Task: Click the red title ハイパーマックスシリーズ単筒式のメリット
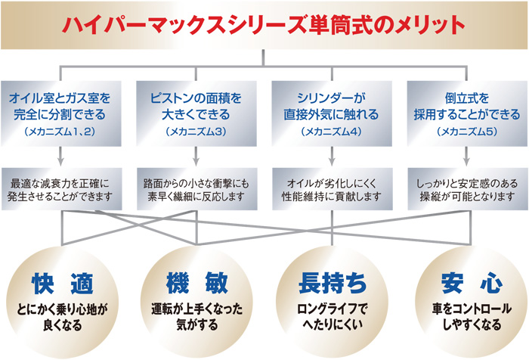(x=264, y=25)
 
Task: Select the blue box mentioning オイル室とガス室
(x=60, y=113)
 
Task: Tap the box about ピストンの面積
(x=196, y=113)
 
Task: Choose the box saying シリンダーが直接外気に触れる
(x=332, y=113)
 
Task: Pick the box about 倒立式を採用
(x=467, y=113)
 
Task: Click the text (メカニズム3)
(x=196, y=132)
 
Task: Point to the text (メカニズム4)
(x=331, y=132)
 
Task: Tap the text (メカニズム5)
(x=467, y=132)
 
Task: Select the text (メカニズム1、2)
(x=60, y=132)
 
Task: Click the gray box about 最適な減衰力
(x=61, y=189)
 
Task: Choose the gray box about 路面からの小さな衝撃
(x=197, y=189)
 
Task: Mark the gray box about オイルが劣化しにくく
(x=333, y=189)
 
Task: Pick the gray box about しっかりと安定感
(x=468, y=189)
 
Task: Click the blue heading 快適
(x=63, y=283)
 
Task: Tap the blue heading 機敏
(x=197, y=283)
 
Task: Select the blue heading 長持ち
(x=333, y=283)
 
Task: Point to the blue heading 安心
(x=472, y=283)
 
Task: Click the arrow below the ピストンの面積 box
(x=196, y=157)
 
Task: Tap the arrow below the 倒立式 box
(x=466, y=157)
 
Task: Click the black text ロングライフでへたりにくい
(x=333, y=316)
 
